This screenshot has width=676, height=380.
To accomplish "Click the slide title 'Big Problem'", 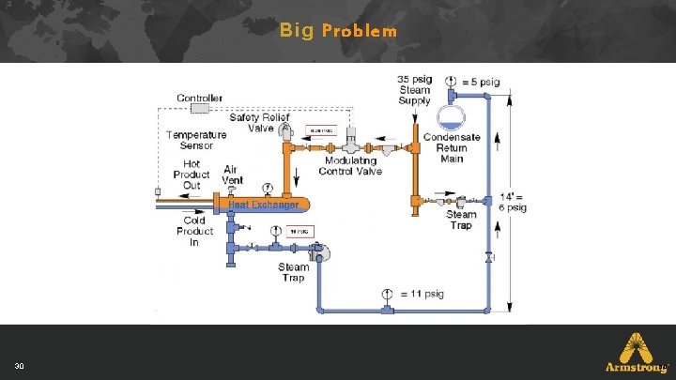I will pos(338,31).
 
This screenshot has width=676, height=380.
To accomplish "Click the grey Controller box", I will pos(200,109).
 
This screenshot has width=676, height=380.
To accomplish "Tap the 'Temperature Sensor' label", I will pos(196,140).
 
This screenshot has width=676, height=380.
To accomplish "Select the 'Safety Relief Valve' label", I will pos(258,123).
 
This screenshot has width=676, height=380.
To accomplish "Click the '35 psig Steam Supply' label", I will pos(414,90).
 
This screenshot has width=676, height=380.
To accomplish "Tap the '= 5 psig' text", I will pos(482,82).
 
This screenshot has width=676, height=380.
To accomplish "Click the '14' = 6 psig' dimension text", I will pos(513,202).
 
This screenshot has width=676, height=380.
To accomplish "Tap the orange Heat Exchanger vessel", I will pos(265,204).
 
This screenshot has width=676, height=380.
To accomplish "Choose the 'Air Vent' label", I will pos(232,175).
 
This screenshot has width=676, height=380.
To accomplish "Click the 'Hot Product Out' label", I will pos(192,175).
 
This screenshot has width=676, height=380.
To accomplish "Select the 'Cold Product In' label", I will pos(194,231).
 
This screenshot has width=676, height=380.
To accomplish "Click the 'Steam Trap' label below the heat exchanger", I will pos(293,272).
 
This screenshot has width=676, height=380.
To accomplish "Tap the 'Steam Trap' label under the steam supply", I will pos(461,220).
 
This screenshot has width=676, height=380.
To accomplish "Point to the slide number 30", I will pos(19,365).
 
